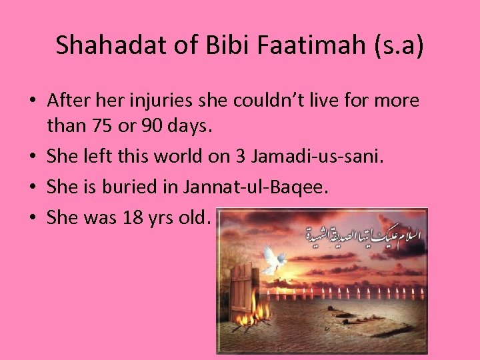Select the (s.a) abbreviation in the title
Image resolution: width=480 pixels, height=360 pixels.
(x=398, y=45)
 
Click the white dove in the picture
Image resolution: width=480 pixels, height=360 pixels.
(x=275, y=259)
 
